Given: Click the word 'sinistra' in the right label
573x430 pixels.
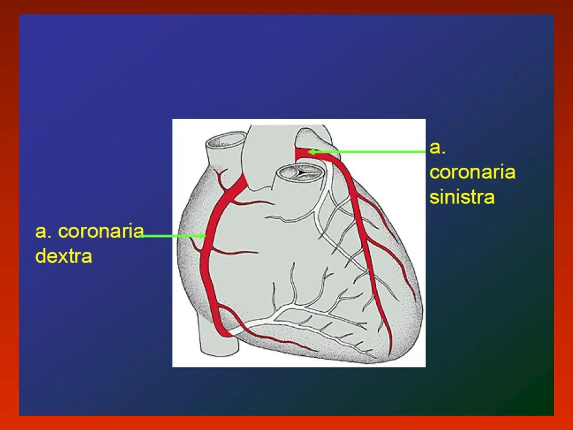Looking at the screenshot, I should tap(462, 197).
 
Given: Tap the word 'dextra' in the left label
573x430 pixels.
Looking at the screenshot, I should tap(64, 256).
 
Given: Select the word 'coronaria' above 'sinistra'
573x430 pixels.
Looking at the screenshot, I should tap(472, 172).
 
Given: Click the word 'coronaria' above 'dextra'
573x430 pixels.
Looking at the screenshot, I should tap(101, 231).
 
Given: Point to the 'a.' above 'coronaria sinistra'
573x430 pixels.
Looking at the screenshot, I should tap(437, 148).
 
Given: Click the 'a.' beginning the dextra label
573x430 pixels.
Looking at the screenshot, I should tap(43, 231).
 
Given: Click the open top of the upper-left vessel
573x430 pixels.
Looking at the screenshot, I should tap(225, 141).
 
